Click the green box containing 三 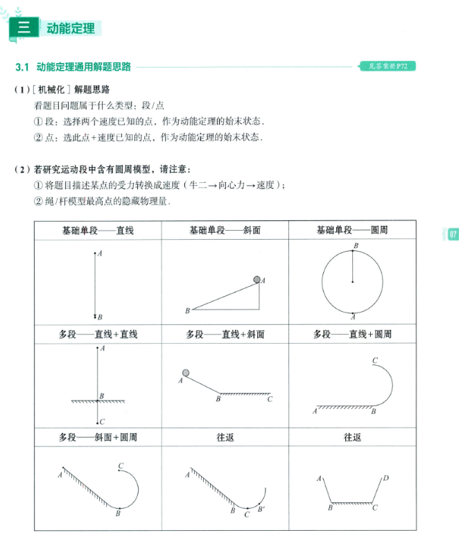pyautogui.click(x=24, y=28)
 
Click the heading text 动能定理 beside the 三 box pyautogui.click(x=70, y=28)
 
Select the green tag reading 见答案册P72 pyautogui.click(x=387, y=67)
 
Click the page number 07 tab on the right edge pyautogui.click(x=453, y=234)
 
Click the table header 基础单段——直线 pyautogui.click(x=98, y=230)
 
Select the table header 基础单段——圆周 pyautogui.click(x=352, y=230)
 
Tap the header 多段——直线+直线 pyautogui.click(x=98, y=334)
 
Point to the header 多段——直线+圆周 pyautogui.click(x=352, y=334)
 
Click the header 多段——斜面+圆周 pyautogui.click(x=98, y=437)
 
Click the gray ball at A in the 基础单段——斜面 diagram pyautogui.click(x=257, y=279)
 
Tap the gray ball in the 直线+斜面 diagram pyautogui.click(x=186, y=373)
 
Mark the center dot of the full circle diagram pyautogui.click(x=353, y=282)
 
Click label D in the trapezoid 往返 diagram pyautogui.click(x=385, y=478)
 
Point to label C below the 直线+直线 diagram pyautogui.click(x=102, y=421)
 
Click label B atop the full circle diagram pyautogui.click(x=356, y=246)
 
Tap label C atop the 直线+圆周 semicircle pyautogui.click(x=374, y=360)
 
